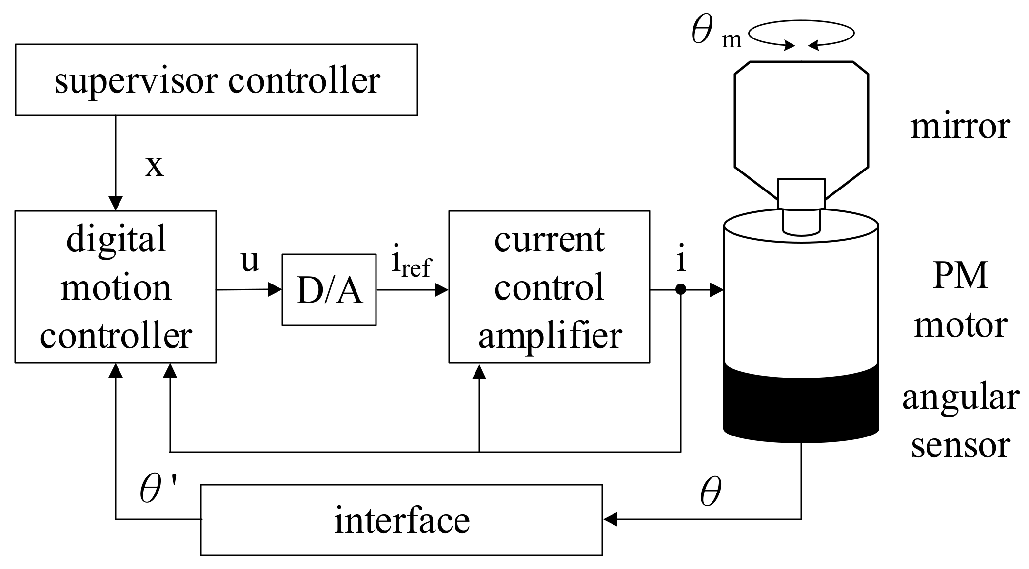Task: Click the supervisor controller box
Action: click(216, 80)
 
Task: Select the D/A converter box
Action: click(329, 290)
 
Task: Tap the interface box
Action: click(401, 520)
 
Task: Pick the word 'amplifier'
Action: click(550, 336)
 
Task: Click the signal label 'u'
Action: click(250, 261)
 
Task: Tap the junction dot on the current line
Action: click(681, 290)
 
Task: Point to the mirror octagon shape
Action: click(801, 122)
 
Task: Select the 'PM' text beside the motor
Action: click(960, 276)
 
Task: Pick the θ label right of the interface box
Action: click(710, 493)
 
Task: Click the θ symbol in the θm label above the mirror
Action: click(702, 30)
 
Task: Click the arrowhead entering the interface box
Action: click(610, 520)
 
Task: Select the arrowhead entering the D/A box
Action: click(275, 290)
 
